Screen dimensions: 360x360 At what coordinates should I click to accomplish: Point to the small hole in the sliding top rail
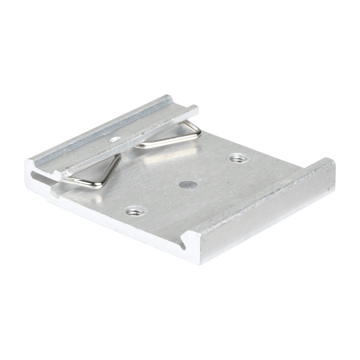[x=114, y=140]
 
